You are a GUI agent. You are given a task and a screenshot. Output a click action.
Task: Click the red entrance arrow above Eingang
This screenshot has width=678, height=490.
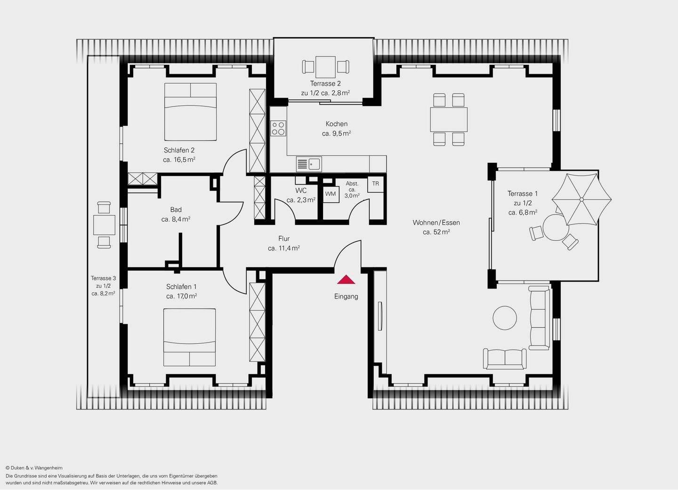pos(346,280)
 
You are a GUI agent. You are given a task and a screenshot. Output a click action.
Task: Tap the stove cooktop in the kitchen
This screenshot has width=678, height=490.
pos(278,128)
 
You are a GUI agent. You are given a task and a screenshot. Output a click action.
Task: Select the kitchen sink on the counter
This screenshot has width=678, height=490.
pos(309,164)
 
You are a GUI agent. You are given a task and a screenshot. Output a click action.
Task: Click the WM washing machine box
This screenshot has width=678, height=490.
pos(331,194)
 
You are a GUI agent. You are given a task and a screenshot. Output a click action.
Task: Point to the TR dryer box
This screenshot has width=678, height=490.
pos(375,184)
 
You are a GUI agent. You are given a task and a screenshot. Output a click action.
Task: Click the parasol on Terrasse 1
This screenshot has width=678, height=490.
pos(581,200)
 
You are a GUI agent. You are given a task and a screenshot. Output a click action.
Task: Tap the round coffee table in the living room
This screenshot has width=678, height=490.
pos(505,318)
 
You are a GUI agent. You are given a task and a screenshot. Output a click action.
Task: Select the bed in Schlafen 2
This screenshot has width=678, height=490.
pos(190,112)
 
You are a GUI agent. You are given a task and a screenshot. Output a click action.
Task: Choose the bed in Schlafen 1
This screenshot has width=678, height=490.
pos(190,337)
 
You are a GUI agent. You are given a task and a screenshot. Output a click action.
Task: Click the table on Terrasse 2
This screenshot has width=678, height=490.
pos(325,67)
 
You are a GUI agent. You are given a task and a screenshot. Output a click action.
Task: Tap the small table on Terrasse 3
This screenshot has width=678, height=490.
pos(104,225)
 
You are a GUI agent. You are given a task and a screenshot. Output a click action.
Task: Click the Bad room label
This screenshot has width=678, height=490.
pos(176,210)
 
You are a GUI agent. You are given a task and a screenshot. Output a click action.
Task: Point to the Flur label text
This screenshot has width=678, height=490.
pos(284,239)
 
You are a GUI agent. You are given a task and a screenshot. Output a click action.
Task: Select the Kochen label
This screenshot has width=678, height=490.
pos(337,124)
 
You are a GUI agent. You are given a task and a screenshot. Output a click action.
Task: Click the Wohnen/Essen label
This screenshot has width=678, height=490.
pos(436,223)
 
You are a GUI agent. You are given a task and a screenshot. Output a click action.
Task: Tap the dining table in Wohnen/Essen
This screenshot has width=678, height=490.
pos(449,120)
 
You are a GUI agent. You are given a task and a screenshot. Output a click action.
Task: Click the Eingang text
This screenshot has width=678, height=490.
pos(346,297)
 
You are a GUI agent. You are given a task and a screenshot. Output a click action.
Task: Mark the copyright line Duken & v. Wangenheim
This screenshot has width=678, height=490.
pos(34,468)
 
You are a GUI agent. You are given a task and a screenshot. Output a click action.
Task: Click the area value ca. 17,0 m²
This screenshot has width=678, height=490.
pos(181,296)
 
